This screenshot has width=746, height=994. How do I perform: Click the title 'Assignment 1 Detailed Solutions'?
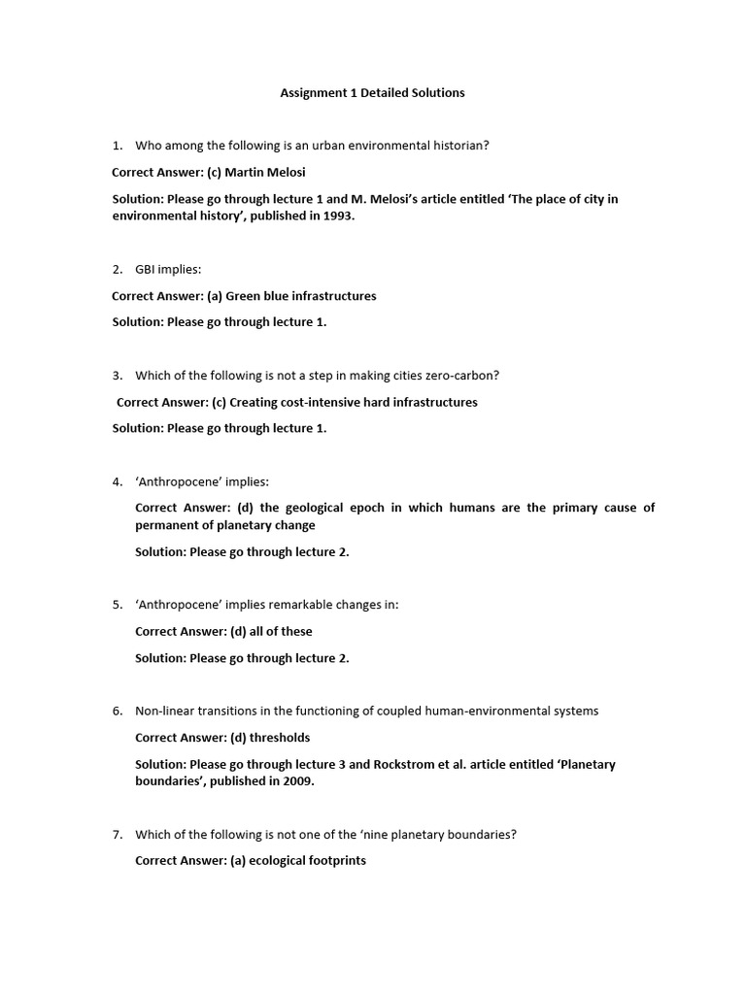[372, 93]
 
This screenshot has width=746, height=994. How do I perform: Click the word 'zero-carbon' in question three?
[467, 376]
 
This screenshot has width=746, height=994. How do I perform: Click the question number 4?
[117, 481]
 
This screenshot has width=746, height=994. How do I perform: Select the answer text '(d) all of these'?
[271, 631]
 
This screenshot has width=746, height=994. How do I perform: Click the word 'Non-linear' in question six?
[165, 712]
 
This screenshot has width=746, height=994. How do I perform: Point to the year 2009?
[298, 781]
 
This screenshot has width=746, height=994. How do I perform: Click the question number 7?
[117, 835]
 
